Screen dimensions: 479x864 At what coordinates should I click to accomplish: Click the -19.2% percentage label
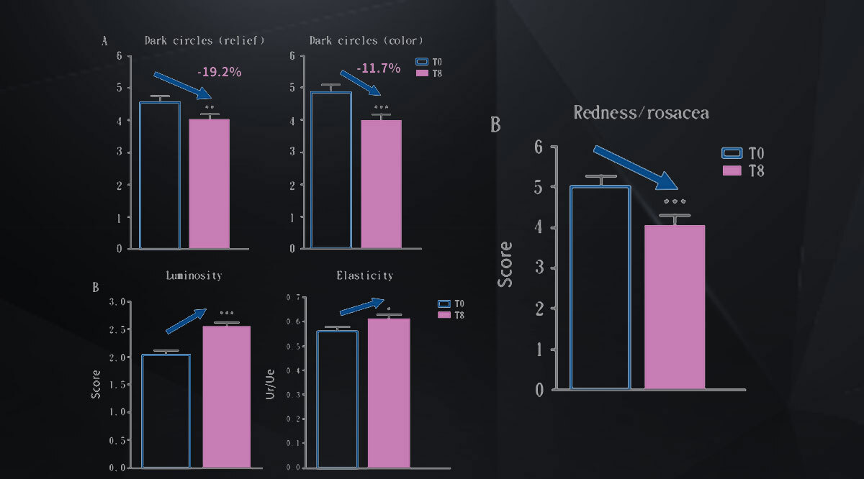pos(219,72)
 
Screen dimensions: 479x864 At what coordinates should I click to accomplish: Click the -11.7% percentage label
pos(379,68)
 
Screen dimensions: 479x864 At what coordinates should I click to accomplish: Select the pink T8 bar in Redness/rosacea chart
pos(674,307)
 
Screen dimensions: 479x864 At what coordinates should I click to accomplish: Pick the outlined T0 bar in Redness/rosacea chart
pos(600,288)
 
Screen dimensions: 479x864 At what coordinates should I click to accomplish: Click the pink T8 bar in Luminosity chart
pos(226,397)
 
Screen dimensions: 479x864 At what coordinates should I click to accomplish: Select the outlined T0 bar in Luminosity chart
pos(166,411)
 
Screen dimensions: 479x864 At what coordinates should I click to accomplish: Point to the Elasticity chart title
pos(364,275)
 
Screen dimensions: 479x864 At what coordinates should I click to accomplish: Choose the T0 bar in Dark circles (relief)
pos(160,175)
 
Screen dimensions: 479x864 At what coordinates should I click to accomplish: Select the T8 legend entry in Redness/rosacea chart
pos(742,170)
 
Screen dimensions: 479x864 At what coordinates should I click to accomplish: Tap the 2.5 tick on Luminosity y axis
pos(117,329)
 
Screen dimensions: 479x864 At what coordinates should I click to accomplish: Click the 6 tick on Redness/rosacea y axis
pos(551,147)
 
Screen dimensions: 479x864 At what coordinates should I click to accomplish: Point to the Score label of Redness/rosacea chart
pos(506,264)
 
